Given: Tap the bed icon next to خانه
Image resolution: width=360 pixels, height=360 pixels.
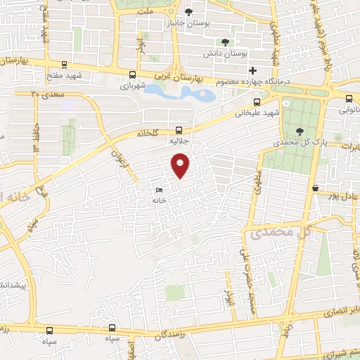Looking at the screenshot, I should coord(159,190).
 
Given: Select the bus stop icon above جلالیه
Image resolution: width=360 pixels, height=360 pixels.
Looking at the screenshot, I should coord(179,130).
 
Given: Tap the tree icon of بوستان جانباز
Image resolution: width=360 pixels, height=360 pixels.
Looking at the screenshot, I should coord(188,11).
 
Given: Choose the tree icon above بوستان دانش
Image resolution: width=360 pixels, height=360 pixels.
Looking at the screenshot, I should coord(225,42).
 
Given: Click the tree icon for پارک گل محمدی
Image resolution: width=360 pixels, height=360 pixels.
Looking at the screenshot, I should coord(300,131).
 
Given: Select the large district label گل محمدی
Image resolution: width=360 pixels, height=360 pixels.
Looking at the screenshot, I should coord(274,231).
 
